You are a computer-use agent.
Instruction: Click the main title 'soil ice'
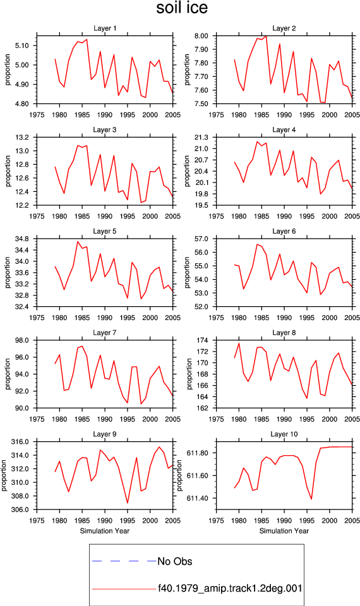(182, 8)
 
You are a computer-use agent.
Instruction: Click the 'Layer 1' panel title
(105, 28)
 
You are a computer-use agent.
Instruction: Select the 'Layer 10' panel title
(284, 434)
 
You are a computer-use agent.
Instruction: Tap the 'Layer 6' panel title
(284, 231)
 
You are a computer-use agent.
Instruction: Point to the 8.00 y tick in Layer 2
(201, 35)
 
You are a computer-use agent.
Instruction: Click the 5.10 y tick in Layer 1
(22, 45)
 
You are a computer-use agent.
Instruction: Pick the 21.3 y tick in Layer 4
(201, 138)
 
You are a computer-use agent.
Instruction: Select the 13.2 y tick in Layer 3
(23, 138)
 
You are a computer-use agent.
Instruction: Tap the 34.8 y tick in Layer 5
(23, 239)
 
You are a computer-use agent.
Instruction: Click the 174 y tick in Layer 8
(203, 340)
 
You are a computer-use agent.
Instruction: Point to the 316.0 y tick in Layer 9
(21, 442)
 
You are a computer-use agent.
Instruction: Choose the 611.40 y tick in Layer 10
(198, 498)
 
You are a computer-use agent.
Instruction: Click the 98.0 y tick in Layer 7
(23, 340)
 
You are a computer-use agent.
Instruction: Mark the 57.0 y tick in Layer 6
(201, 239)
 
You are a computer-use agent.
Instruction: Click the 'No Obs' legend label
(175, 561)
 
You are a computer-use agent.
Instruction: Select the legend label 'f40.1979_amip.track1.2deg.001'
(230, 588)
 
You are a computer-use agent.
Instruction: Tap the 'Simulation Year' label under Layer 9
(105, 531)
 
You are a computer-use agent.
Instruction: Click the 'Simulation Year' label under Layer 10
(284, 531)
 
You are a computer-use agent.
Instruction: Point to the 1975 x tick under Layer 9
(37, 521)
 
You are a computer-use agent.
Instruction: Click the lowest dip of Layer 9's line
(128, 503)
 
